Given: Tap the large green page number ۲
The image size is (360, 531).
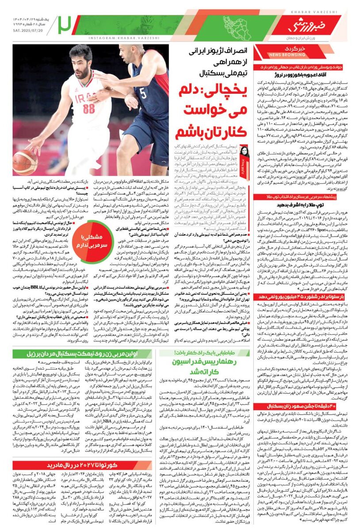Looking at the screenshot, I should tap(65, 25).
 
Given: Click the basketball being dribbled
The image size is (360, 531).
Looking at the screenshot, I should tap(24, 162).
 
